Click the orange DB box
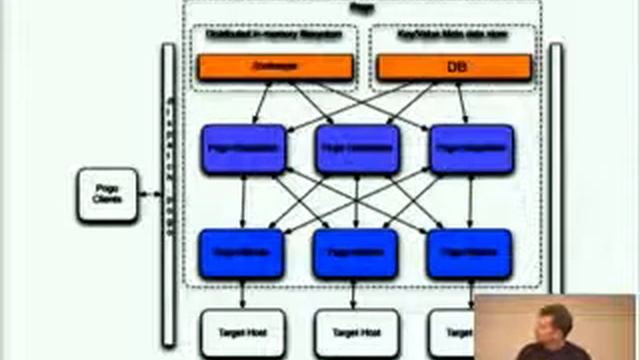coord(453,67)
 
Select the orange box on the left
coord(275,67)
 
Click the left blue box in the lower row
coord(242,253)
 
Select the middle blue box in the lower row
coord(355,253)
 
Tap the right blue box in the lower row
coord(469,253)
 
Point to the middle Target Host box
coord(357,331)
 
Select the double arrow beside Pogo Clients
coord(150,194)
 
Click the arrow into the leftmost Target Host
coord(243,294)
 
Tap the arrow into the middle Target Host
coord(356,294)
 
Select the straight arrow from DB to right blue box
coord(462,102)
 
